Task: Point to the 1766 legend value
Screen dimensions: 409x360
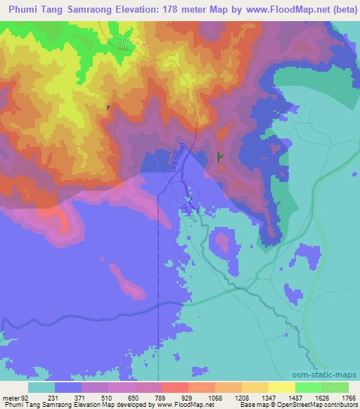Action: [349, 397]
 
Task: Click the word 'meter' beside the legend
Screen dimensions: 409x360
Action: [9, 397]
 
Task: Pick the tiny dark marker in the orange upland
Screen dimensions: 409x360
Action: [108, 108]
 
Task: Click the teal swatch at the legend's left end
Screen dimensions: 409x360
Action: [41, 387]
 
